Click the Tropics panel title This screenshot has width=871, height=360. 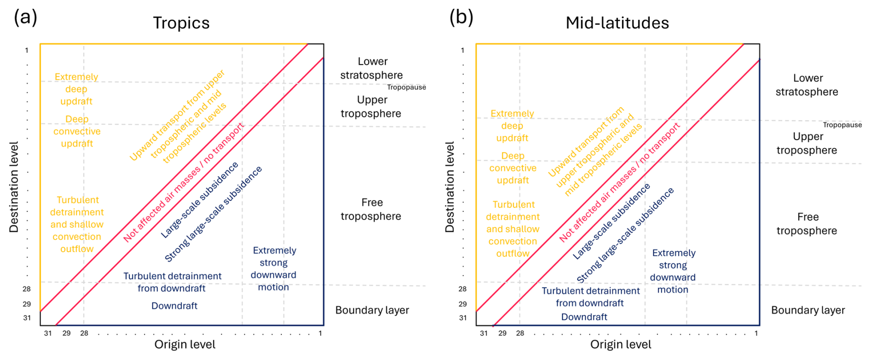pyautogui.click(x=181, y=23)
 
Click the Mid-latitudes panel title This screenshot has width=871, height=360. pyautogui.click(x=617, y=23)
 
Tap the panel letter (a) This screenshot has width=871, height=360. pyautogui.click(x=25, y=17)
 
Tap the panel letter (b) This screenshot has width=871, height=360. pyautogui.click(x=461, y=17)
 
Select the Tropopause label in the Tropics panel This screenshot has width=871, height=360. pyautogui.click(x=406, y=87)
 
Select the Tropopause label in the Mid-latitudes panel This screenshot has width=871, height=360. pyautogui.click(x=842, y=125)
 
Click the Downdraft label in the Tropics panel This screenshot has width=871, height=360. pyautogui.click(x=174, y=306)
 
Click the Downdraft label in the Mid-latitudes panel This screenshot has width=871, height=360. pyautogui.click(x=584, y=317)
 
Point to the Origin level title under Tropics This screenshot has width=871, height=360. pyautogui.click(x=185, y=344)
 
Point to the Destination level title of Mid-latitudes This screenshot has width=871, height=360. pyautogui.click(x=450, y=186)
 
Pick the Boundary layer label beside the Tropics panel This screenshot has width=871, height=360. pyautogui.click(x=372, y=310)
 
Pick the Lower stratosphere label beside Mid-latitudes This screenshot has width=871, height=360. pyautogui.click(x=807, y=85)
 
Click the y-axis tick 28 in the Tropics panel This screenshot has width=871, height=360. pyautogui.click(x=27, y=289)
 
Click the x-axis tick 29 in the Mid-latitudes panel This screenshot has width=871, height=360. pyautogui.click(x=502, y=333)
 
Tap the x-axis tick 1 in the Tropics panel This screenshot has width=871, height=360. pyautogui.click(x=320, y=333)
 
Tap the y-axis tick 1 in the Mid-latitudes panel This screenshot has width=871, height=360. pyautogui.click(x=462, y=50)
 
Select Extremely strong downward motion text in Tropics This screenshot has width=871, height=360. pyautogui.click(x=274, y=268)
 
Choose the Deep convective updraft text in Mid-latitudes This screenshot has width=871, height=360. pyautogui.click(x=512, y=168)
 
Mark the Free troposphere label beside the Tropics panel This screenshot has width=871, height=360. pyautogui.click(x=371, y=209)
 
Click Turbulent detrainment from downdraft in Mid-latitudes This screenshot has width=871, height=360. pyautogui.click(x=590, y=297)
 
